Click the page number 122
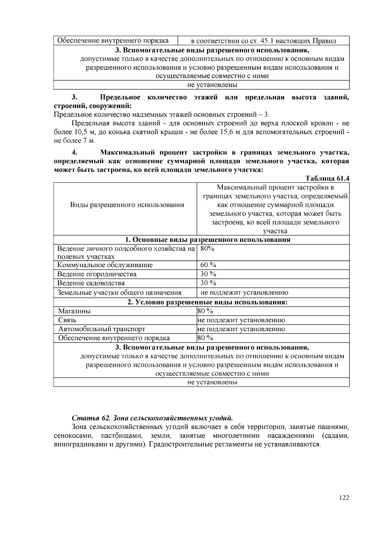344,498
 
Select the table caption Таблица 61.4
327,178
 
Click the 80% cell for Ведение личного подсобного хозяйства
207,249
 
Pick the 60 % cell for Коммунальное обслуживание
208,265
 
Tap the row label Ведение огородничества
97,274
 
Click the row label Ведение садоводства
91,283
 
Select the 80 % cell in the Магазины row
205,311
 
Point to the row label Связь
67,320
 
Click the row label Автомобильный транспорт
102,329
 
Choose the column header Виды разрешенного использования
127,205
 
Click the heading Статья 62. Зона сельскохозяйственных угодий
152,418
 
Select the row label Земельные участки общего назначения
119,292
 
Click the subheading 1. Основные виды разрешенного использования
207,240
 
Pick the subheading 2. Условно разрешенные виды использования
207,302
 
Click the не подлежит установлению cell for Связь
241,320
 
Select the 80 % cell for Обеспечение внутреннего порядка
205,338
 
